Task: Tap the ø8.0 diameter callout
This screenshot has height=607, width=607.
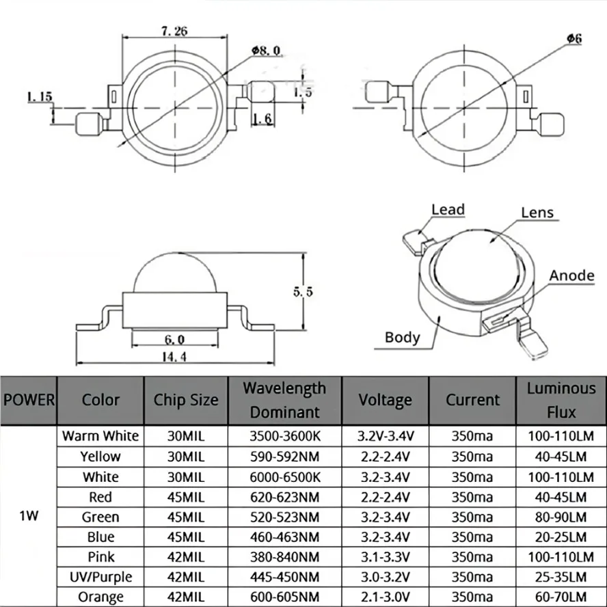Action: [265, 50]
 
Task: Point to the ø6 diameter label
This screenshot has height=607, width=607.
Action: [574, 39]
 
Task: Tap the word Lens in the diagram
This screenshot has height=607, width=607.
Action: [537, 213]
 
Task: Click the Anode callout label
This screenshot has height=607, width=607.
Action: [571, 275]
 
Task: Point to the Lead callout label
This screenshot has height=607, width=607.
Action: [448, 210]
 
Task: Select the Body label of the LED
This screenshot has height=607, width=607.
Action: [402, 336]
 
